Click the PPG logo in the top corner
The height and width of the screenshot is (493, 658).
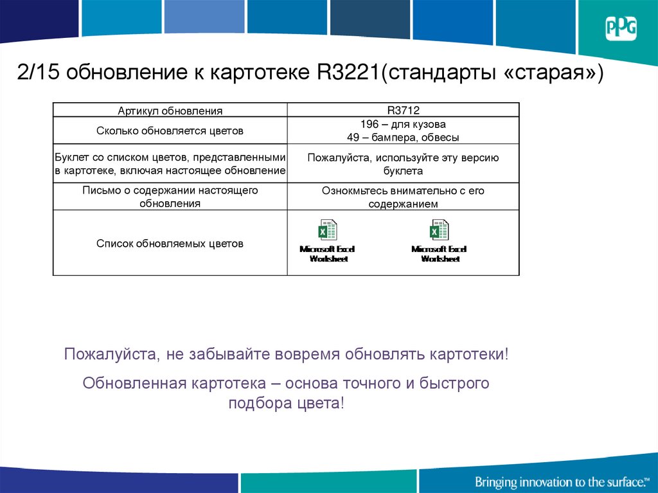[x=620, y=28]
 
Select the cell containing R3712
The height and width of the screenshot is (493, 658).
[x=403, y=111]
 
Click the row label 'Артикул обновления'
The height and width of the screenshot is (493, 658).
[x=170, y=111]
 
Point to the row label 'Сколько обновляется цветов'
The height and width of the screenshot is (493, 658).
[x=170, y=130]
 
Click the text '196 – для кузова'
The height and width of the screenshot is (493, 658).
[x=403, y=124]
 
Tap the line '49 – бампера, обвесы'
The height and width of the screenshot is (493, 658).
[x=403, y=138]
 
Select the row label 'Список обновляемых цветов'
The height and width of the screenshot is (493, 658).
[x=170, y=244]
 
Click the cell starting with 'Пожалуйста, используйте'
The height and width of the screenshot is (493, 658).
[x=403, y=164]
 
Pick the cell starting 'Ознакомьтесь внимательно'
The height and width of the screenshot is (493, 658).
[x=403, y=197]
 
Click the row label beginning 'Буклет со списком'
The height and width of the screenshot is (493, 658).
[x=170, y=164]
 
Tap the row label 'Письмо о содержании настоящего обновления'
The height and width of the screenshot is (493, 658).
[x=170, y=197]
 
